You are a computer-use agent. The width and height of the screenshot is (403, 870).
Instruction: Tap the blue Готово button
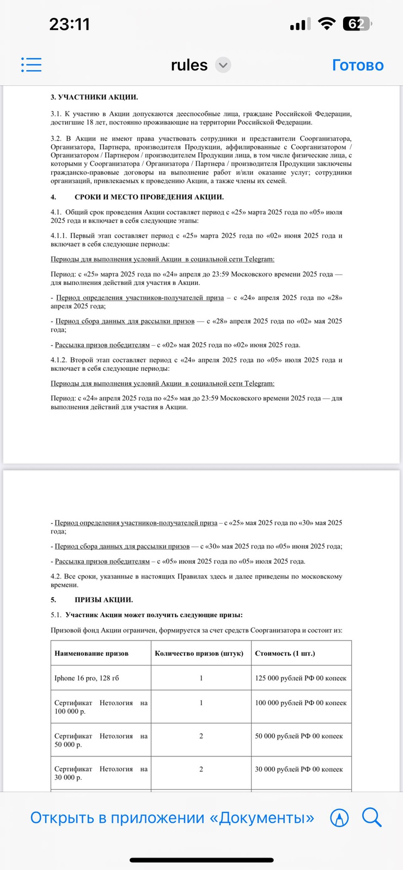[x=358, y=65]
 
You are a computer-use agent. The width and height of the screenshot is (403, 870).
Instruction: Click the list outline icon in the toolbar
[x=31, y=65]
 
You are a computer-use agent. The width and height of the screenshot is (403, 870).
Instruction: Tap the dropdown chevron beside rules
[x=223, y=65]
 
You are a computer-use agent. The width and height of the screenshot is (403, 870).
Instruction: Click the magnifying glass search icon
[x=371, y=817]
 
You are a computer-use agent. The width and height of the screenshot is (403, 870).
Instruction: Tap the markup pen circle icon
[x=339, y=818]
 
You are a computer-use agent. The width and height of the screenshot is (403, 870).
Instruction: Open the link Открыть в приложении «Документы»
[x=172, y=818]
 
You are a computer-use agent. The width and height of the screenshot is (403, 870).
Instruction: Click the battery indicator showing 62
[x=357, y=24]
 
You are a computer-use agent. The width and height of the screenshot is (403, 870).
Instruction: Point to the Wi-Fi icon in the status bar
[x=326, y=24]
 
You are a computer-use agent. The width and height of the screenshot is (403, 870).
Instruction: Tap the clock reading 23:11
[x=69, y=24]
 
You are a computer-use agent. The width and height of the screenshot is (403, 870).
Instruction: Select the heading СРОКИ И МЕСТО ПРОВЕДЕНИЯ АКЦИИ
[x=149, y=197]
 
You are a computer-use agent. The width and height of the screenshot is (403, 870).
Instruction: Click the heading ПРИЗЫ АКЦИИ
[x=103, y=600]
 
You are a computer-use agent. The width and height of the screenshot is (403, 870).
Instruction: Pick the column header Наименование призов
[x=91, y=653]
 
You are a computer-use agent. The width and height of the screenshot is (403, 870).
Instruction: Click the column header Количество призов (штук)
[x=199, y=653]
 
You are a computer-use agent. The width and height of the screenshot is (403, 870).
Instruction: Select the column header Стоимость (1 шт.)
[x=285, y=653]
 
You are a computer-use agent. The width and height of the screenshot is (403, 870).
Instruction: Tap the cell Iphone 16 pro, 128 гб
[x=87, y=678]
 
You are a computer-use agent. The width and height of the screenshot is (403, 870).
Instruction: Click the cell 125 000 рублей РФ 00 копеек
[x=301, y=678]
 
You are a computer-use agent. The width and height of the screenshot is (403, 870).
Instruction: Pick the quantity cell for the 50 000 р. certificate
[x=201, y=736]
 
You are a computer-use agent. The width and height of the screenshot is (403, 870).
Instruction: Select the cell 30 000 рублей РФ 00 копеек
[x=299, y=769]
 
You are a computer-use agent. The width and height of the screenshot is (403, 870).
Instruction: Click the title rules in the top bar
[x=189, y=65]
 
